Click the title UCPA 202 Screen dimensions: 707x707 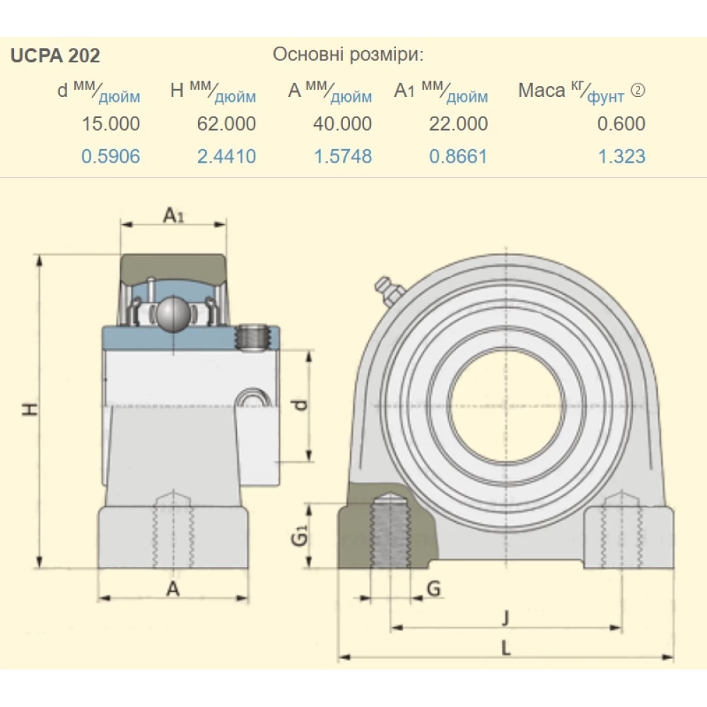(x=55, y=55)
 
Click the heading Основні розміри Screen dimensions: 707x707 (x=348, y=54)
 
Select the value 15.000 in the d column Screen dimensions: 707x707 (x=110, y=124)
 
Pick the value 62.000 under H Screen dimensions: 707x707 (x=226, y=124)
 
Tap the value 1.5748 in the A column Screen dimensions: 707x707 (x=342, y=156)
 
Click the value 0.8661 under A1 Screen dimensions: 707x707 (x=458, y=156)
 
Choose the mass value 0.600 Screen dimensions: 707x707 (x=621, y=124)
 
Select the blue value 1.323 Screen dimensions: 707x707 (x=621, y=156)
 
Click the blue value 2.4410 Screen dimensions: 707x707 (x=226, y=156)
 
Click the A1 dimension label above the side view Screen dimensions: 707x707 (x=173, y=215)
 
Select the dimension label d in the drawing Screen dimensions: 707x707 (x=300, y=406)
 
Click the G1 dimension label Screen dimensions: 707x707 (x=300, y=537)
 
